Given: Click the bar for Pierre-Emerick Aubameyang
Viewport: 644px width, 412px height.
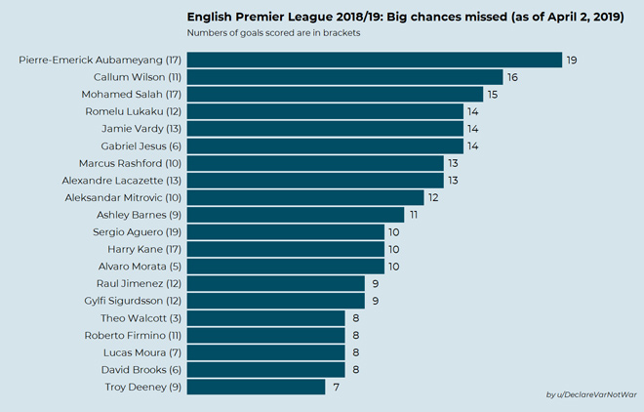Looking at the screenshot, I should tap(374, 61).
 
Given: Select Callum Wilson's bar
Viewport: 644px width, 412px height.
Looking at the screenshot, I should tap(344, 77).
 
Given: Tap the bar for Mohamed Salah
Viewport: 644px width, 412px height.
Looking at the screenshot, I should tap(335, 95).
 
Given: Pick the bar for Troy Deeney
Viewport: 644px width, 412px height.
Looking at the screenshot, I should tap(256, 387).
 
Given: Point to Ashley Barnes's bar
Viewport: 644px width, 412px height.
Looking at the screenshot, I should tap(295, 215).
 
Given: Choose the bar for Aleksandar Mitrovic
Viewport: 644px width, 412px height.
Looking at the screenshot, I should tap(305, 197).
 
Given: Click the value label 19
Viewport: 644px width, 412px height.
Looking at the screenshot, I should tap(573, 61).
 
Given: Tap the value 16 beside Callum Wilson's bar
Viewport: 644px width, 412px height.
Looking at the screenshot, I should tap(512, 77).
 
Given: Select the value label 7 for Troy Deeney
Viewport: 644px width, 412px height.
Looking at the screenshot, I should tap(335, 388).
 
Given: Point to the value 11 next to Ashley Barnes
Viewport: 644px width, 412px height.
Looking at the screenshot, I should tap(414, 215).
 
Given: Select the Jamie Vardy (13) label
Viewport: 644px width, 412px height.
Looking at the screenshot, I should tap(141, 129).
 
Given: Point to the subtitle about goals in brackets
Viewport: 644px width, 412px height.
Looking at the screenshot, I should tap(260, 33).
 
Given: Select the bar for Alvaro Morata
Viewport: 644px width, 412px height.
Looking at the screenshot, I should tap(285, 267).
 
